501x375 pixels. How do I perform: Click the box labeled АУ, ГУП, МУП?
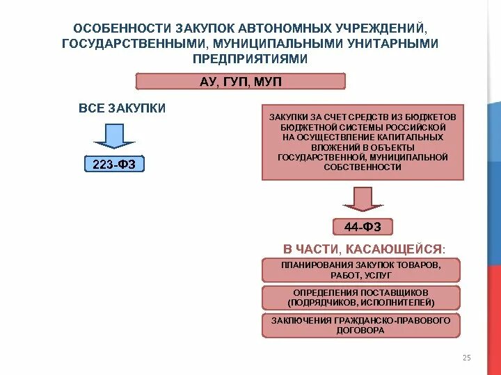pyautogui.click(x=240, y=82)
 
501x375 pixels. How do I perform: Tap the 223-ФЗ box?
pyautogui.click(x=114, y=165)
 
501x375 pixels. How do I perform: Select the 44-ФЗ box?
pyautogui.click(x=363, y=226)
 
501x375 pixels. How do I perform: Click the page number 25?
pyautogui.click(x=466, y=358)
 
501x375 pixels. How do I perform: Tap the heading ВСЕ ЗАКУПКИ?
pyautogui.click(x=122, y=108)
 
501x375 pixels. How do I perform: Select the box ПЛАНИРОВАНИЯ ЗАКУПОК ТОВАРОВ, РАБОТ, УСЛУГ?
pyautogui.click(x=361, y=270)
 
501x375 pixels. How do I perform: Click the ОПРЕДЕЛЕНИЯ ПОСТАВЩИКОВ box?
pyautogui.click(x=361, y=297)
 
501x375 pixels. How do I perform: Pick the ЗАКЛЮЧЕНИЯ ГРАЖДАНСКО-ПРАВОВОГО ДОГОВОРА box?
pyautogui.click(x=361, y=325)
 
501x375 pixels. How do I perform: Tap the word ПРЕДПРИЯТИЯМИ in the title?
pyautogui.click(x=250, y=59)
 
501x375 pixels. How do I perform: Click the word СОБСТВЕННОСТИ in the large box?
pyautogui.click(x=362, y=167)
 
